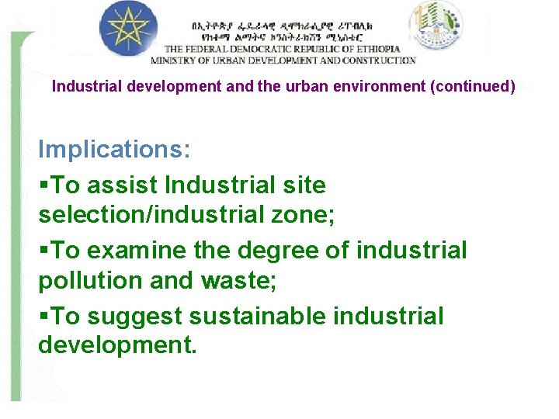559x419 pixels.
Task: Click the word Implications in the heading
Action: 113,150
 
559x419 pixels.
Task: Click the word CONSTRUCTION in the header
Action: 376,60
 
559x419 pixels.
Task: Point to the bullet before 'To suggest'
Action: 43,317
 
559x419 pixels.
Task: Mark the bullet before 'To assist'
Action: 43,186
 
